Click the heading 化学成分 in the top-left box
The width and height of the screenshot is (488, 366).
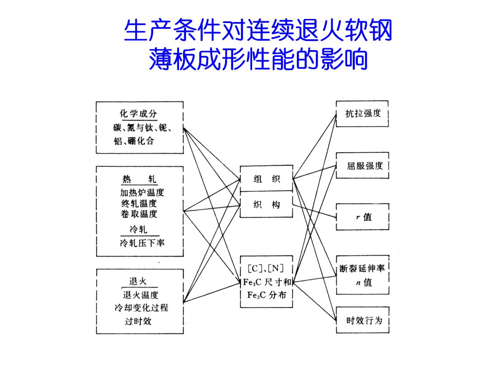coord(138,114)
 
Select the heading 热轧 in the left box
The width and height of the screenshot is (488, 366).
coord(139,179)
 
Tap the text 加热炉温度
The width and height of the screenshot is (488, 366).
coord(142,192)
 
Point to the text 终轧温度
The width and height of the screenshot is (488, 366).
coord(139,203)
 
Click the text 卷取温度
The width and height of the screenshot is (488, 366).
coord(139,214)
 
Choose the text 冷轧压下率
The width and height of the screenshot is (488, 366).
coord(142,243)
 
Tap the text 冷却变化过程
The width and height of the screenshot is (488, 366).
coord(141,308)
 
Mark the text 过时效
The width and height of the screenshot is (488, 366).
coord(138,322)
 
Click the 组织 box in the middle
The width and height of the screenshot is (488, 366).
coord(267,179)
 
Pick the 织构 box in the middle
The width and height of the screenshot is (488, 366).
coord(267,205)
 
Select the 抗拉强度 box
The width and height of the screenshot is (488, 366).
coord(362,114)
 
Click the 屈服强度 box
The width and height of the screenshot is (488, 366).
coord(362,166)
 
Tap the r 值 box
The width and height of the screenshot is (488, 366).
coord(362,217)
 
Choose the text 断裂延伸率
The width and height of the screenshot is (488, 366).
coord(362,269)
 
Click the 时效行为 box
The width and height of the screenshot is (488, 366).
coord(362,320)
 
